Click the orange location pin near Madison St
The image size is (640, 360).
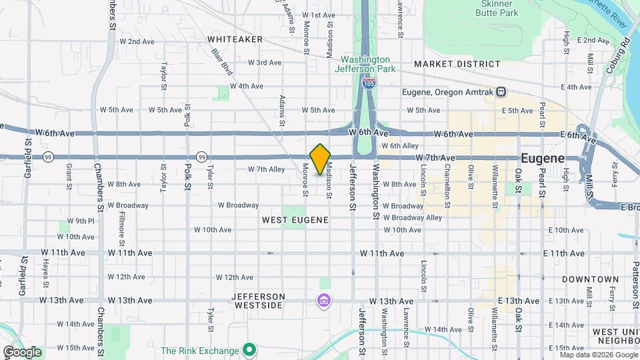320,159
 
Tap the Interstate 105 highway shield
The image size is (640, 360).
369,83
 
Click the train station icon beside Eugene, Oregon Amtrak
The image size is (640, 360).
501,92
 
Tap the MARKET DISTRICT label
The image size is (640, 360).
457,64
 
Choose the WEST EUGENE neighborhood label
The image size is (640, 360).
295,219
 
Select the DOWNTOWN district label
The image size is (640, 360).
590,279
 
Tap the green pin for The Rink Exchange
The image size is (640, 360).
249,349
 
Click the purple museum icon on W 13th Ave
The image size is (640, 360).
323,301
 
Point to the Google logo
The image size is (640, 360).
22,352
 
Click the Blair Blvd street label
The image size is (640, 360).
222,59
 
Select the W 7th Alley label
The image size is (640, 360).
266,169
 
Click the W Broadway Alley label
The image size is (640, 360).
416,217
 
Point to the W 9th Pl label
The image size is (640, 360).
81,221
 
